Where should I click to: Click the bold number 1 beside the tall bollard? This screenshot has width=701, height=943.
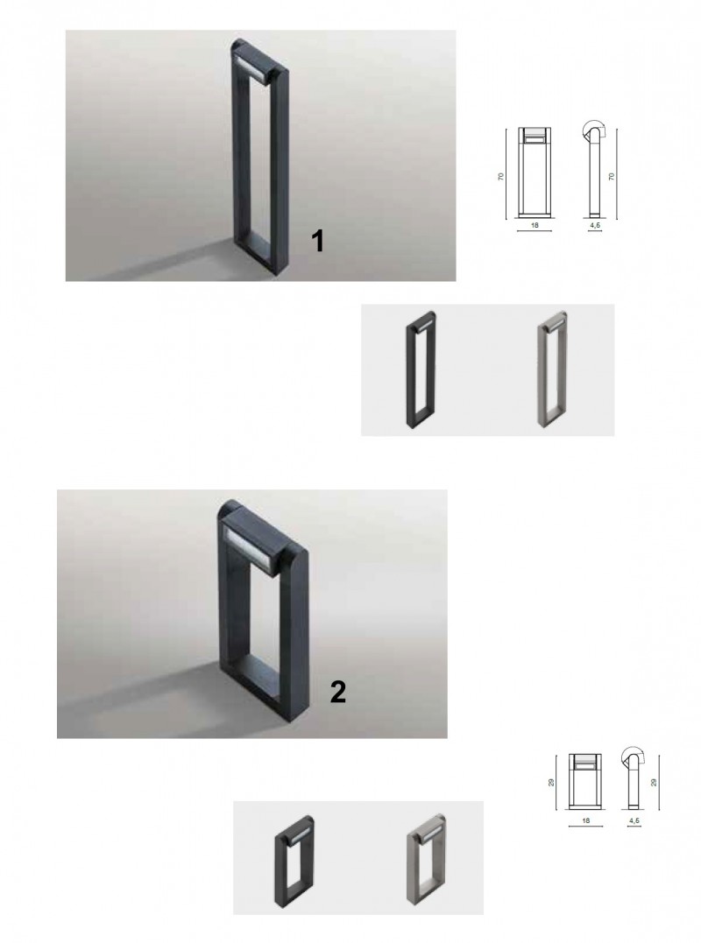tap(317, 241)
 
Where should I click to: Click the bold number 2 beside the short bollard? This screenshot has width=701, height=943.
tap(338, 692)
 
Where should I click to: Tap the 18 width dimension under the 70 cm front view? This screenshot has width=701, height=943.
tap(535, 226)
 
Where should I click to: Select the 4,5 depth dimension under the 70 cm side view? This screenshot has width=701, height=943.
tap(594, 226)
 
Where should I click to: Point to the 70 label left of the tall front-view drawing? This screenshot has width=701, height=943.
tap(500, 176)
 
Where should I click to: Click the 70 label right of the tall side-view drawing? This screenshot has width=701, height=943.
tap(612, 176)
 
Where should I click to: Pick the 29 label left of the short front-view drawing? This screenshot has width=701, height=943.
tap(551, 783)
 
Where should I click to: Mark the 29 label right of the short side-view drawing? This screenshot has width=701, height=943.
tap(654, 783)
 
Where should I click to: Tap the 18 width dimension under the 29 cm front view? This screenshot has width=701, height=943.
tap(586, 820)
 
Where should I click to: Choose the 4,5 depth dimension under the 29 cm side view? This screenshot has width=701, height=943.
tap(634, 820)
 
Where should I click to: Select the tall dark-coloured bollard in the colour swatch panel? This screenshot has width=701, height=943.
tap(421, 369)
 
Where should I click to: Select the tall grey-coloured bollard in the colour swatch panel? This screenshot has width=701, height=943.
tap(552, 369)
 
